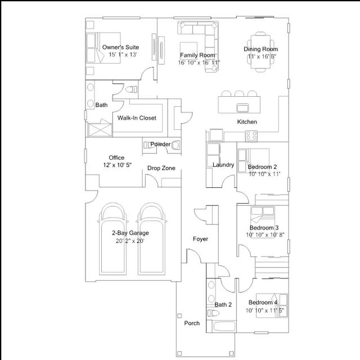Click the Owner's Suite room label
click(120, 47)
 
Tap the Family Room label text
click(197, 55)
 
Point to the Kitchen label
click(247, 121)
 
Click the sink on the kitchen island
click(243, 107)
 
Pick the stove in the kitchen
click(251, 135)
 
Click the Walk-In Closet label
click(137, 118)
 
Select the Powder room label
click(160, 145)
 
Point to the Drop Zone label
click(161, 168)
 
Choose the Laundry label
click(223, 165)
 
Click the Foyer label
click(200, 239)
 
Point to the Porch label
click(192, 323)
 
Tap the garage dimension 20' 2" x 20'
click(130, 241)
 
